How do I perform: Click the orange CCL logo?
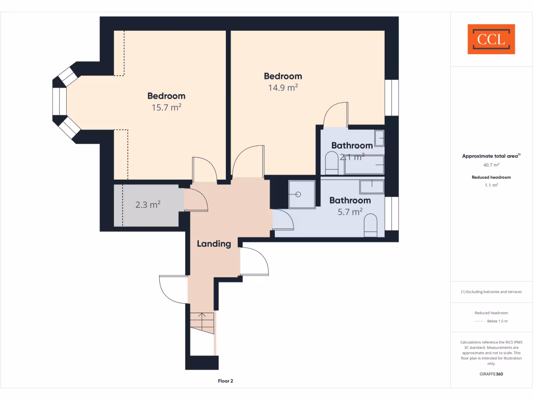491,39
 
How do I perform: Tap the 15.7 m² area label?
166,108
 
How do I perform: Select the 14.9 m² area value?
283,88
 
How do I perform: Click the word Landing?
213,244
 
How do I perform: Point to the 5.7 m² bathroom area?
350,212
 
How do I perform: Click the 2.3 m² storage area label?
147,205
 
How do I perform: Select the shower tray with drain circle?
299,194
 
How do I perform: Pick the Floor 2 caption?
225,381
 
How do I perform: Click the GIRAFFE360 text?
491,374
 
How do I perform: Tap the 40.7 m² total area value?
491,165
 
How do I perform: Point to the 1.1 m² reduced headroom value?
491,185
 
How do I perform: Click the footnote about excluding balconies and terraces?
491,292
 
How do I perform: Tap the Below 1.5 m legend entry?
497,321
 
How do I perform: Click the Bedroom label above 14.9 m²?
283,77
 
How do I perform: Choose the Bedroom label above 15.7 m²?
166,96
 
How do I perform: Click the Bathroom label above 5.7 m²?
350,201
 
